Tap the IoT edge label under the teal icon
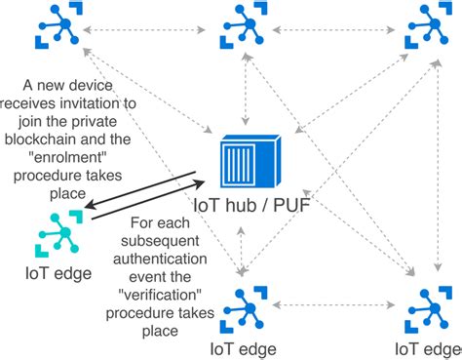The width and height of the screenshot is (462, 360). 58,274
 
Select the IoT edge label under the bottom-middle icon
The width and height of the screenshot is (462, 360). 243,348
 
